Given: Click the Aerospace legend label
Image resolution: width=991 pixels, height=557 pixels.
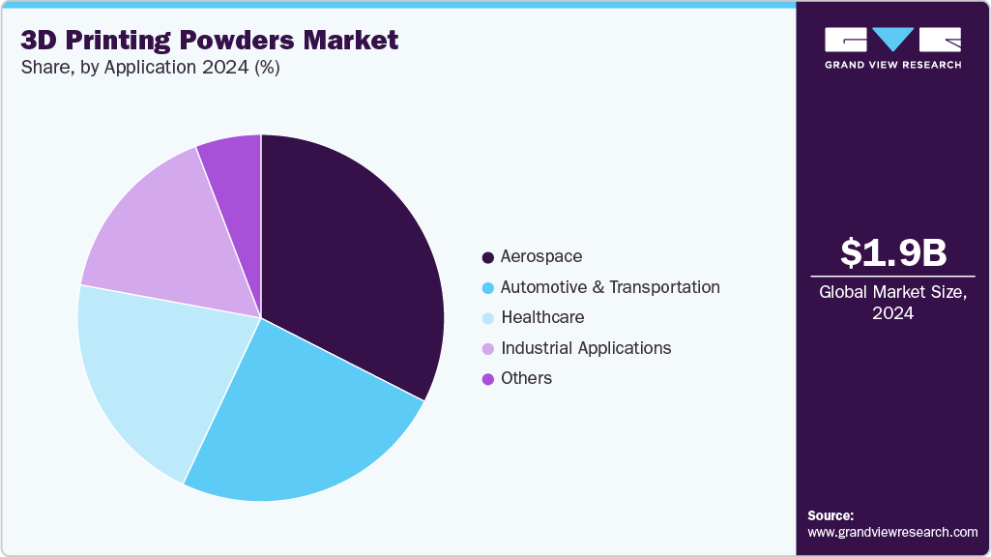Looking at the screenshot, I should [540, 256].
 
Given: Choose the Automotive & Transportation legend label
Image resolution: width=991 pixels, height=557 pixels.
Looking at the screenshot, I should [609, 287].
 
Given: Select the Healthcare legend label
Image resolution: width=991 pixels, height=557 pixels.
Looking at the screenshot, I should [541, 317].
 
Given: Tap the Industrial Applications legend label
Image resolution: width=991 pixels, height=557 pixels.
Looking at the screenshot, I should [585, 347].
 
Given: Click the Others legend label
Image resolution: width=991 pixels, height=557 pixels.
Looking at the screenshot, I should [526, 378].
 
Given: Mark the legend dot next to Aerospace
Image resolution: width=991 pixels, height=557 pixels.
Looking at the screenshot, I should [488, 257].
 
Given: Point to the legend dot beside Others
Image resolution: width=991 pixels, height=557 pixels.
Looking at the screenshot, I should [488, 379].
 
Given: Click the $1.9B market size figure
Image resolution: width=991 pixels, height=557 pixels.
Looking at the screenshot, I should [892, 252].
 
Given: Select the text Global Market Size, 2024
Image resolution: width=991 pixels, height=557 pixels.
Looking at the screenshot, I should [892, 303].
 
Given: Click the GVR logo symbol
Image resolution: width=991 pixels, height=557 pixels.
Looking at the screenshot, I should [892, 40].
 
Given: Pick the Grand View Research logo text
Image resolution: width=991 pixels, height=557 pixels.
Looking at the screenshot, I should [892, 65].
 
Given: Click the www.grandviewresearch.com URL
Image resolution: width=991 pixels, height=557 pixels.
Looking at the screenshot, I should [892, 532].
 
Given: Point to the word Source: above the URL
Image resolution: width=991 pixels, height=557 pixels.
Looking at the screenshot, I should [831, 515].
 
